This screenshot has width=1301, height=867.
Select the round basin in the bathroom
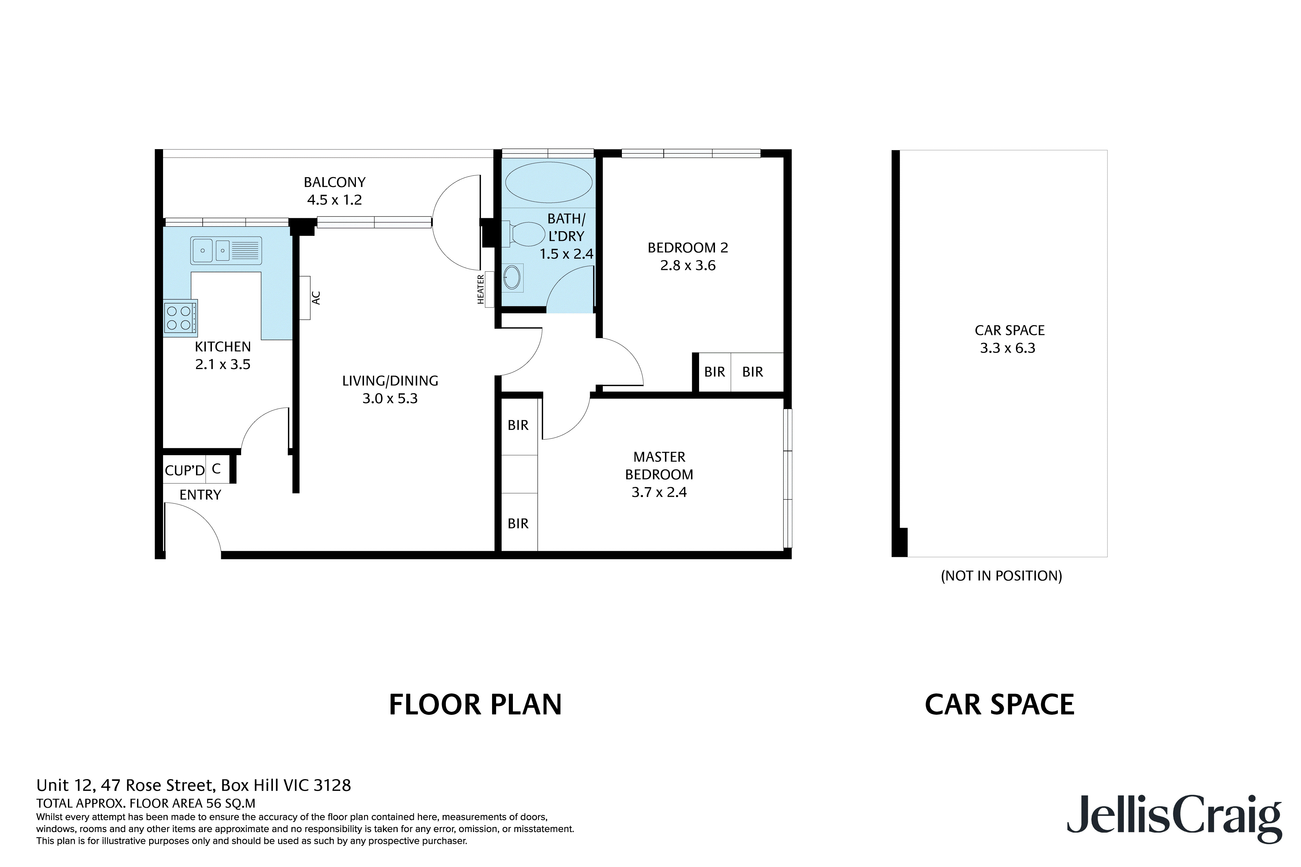tap(512, 277)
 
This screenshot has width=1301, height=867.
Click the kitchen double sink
tap(226, 251)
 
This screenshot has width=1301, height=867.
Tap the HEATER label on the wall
tap(481, 289)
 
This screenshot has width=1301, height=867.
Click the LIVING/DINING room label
tap(390, 389)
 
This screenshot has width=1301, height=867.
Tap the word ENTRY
tap(200, 495)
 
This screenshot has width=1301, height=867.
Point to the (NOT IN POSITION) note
tap(1001, 576)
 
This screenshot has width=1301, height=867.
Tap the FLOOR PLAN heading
tap(475, 705)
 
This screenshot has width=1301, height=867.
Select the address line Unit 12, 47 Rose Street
tap(194, 785)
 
